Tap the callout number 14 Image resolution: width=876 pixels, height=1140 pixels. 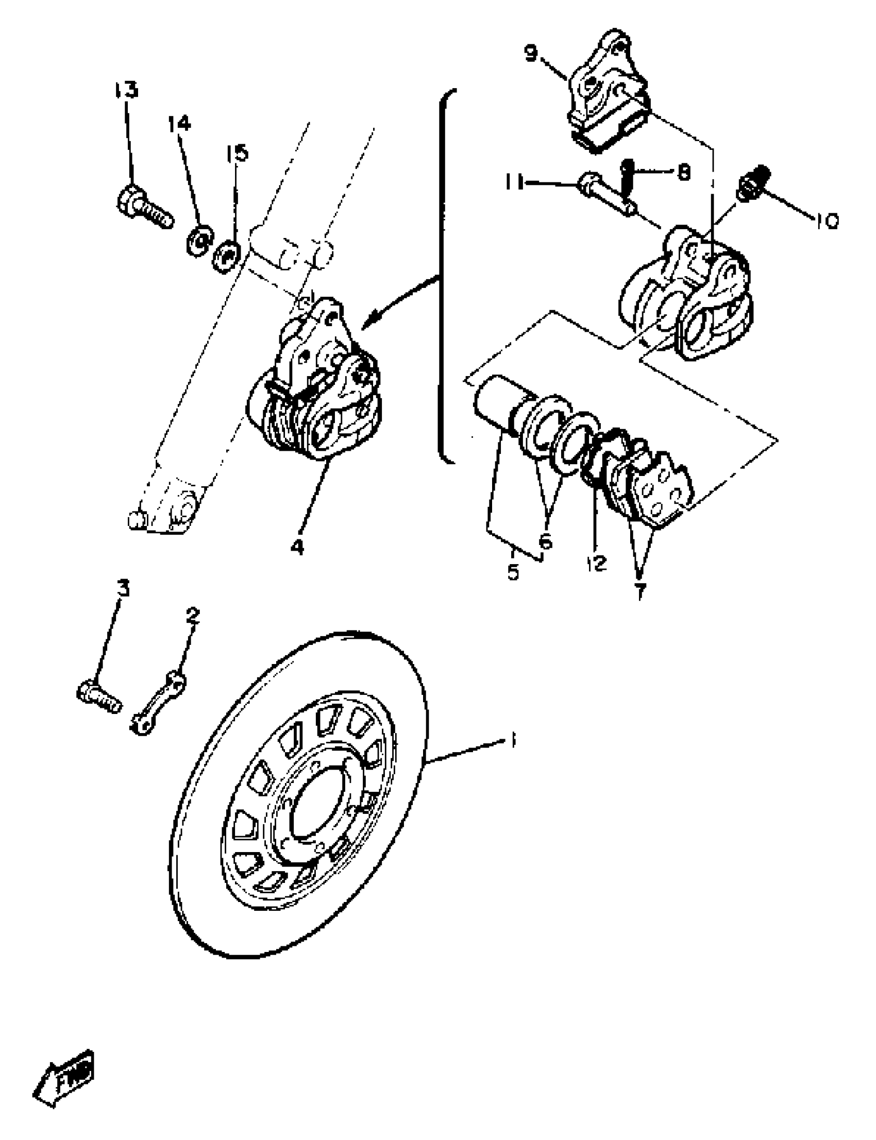[179, 124]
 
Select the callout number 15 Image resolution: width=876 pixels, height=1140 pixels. [237, 153]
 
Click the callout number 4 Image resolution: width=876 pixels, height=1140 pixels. [297, 547]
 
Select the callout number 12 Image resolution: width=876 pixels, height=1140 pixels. [597, 563]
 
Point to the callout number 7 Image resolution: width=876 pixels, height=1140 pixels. [640, 591]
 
